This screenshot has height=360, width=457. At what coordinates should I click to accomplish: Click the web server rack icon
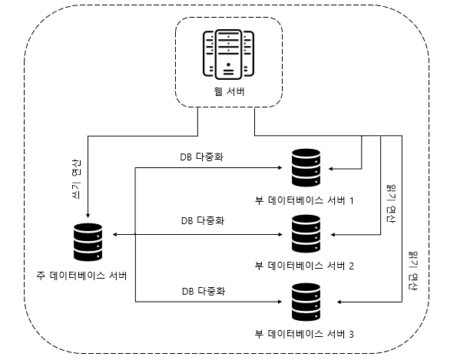tap(228, 54)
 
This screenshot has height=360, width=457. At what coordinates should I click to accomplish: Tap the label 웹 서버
tap(229, 91)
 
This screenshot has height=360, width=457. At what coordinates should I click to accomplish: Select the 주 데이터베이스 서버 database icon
tap(88, 242)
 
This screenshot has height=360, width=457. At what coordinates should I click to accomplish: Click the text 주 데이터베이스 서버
tap(81, 276)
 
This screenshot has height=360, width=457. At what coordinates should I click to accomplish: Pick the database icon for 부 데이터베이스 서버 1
tap(306, 167)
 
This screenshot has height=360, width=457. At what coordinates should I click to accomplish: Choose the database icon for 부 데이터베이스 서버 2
tap(306, 233)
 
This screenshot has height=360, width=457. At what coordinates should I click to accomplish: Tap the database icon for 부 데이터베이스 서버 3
tap(306, 302)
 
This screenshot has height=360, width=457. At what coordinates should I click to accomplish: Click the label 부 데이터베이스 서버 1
tap(304, 200)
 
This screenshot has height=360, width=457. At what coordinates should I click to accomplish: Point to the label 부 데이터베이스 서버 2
tap(304, 266)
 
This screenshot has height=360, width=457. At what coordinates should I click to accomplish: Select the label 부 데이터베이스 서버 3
tap(304, 334)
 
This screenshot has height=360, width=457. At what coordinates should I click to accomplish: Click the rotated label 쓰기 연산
tap(76, 179)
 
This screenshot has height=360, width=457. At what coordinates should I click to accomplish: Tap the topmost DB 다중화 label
tap(202, 157)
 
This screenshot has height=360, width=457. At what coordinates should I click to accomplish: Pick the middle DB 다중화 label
tap(203, 220)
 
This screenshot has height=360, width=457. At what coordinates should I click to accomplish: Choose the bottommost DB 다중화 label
tap(204, 291)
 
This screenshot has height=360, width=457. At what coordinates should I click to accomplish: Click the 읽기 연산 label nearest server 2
tap(391, 203)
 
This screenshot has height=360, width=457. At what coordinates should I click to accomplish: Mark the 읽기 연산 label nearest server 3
tap(413, 271)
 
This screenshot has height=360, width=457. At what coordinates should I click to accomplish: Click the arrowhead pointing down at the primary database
tap(88, 216)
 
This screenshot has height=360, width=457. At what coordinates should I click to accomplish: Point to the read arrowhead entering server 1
tap(331, 169)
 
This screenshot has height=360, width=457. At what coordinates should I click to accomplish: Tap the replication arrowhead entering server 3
tap(280, 302)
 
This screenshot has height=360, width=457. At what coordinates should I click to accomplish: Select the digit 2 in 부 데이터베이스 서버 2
tap(351, 266)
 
